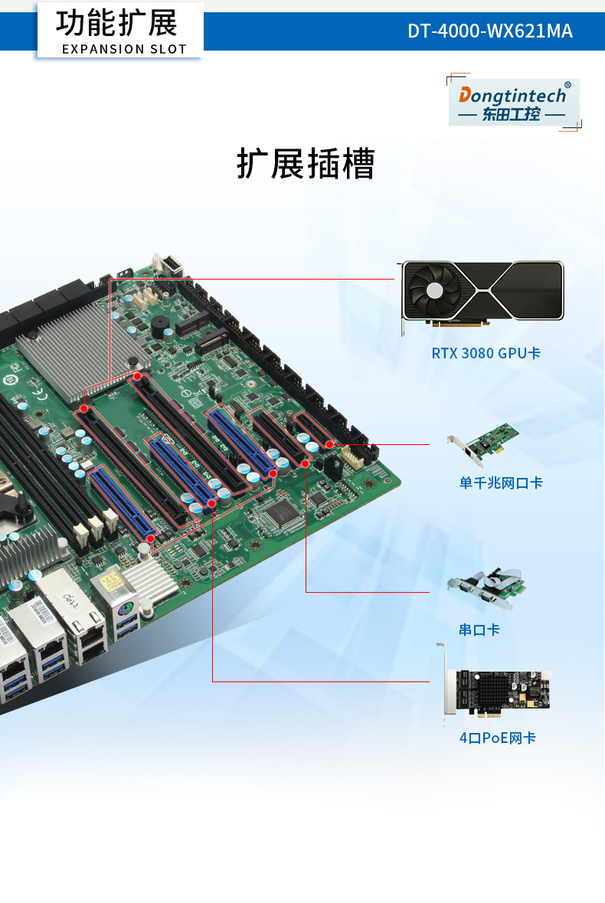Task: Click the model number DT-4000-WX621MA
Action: pos(489,31)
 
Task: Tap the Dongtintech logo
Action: pos(512,103)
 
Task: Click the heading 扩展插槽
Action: pos(306,164)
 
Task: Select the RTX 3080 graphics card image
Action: pos(483,294)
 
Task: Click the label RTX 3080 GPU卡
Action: pos(486,353)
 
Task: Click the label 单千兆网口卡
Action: pos(501,483)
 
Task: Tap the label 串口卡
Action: pos(479,630)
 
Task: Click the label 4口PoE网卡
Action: pos(497,738)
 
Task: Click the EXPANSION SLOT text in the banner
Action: pos(124,49)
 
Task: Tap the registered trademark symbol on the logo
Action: pos(567,85)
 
